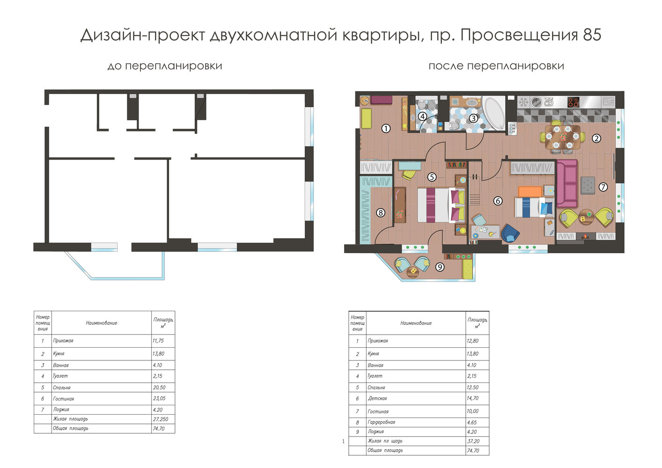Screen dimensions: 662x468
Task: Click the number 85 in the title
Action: point(592,35)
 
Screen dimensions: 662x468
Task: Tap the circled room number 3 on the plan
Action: point(473,118)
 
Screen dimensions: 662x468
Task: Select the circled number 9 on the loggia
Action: point(440,267)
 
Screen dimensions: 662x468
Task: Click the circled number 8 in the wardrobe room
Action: point(381,212)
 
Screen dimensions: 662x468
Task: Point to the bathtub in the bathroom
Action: point(494,113)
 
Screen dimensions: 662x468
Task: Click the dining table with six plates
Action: point(562,137)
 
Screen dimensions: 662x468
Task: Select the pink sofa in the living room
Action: point(567,183)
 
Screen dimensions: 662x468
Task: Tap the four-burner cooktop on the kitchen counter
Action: point(573,102)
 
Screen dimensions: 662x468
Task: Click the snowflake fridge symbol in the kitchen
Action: point(523,102)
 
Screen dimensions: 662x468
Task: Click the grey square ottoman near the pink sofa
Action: point(588,185)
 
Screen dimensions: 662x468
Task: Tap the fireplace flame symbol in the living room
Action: point(585,236)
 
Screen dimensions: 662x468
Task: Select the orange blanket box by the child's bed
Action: point(530,191)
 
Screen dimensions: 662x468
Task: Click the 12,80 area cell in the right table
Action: point(472,341)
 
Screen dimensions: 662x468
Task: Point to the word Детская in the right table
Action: point(377,398)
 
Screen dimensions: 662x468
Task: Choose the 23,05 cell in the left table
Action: point(159,398)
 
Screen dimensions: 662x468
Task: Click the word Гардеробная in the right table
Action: point(381,422)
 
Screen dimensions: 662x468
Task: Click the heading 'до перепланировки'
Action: point(165,66)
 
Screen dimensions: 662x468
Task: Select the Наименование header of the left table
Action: point(102,323)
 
